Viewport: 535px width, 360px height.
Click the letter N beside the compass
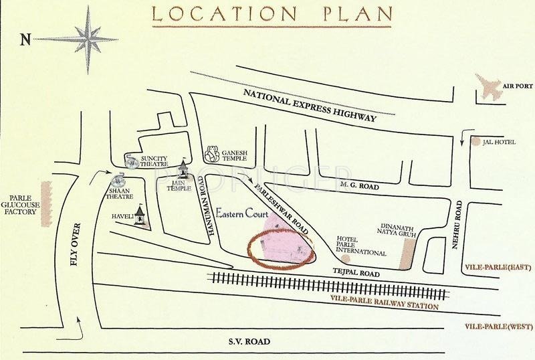[x=25, y=39]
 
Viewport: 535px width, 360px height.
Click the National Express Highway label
[x=310, y=104]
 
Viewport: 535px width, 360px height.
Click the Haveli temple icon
[x=140, y=215]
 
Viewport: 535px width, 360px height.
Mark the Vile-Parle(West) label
[x=498, y=327]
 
